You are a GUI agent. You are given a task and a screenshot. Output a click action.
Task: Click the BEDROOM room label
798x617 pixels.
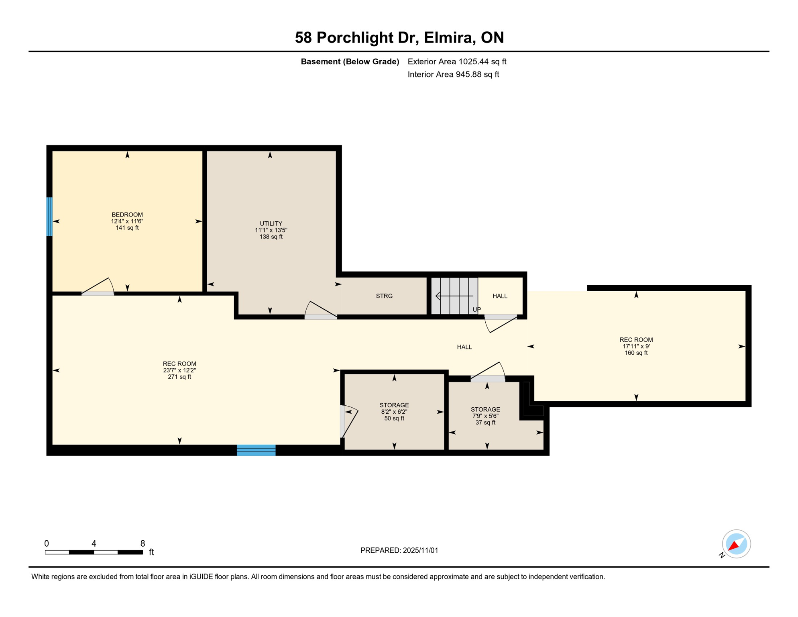tap(127, 215)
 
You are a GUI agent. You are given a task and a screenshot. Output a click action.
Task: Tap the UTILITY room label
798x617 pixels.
tap(271, 223)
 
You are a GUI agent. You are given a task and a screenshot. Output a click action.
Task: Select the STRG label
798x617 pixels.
tap(384, 296)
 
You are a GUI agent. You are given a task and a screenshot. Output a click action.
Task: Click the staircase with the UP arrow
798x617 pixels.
tap(454, 296)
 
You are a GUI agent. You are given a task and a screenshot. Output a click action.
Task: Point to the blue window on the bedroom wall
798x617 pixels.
tap(49, 217)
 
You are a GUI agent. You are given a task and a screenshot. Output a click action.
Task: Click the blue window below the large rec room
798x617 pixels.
tap(256, 450)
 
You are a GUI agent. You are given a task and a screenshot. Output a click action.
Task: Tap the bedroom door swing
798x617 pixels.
tap(98, 287)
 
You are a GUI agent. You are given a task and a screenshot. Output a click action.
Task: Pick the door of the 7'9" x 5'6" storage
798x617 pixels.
tap(488, 372)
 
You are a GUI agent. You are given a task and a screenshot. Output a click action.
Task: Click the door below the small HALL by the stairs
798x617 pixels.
tap(500, 323)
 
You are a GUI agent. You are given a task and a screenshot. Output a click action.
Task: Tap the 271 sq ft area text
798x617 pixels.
tap(179, 377)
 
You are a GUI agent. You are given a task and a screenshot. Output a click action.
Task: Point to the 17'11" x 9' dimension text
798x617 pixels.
tap(636, 346)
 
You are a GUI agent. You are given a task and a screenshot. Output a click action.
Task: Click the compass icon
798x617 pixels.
tap(736, 544)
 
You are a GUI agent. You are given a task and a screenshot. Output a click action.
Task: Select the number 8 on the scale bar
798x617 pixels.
tap(142, 543)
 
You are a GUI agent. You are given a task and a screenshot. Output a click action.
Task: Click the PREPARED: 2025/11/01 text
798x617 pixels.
tap(399, 550)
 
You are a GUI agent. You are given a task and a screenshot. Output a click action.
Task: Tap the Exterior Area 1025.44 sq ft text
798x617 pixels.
tap(457, 61)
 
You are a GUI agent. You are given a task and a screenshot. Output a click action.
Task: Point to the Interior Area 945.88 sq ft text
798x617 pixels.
tap(453, 74)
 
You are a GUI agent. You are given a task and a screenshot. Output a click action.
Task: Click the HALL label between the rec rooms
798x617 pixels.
tap(464, 347)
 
